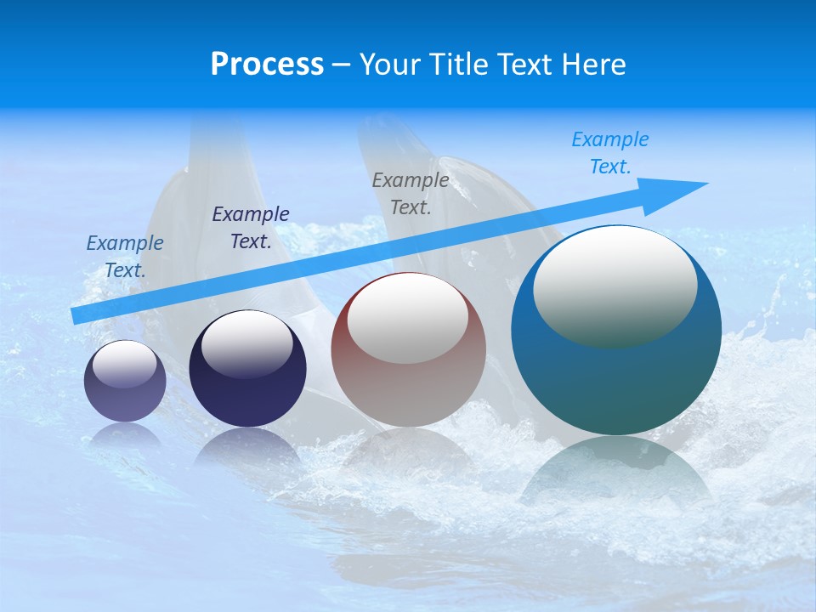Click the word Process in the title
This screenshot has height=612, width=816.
(267, 64)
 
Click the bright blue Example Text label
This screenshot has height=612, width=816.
(610, 153)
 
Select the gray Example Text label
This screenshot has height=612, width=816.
(411, 194)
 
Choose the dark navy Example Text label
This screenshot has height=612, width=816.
(251, 228)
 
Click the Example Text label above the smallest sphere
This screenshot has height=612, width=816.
(125, 257)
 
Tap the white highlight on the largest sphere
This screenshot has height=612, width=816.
(615, 285)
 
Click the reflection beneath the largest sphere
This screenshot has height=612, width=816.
(616, 472)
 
